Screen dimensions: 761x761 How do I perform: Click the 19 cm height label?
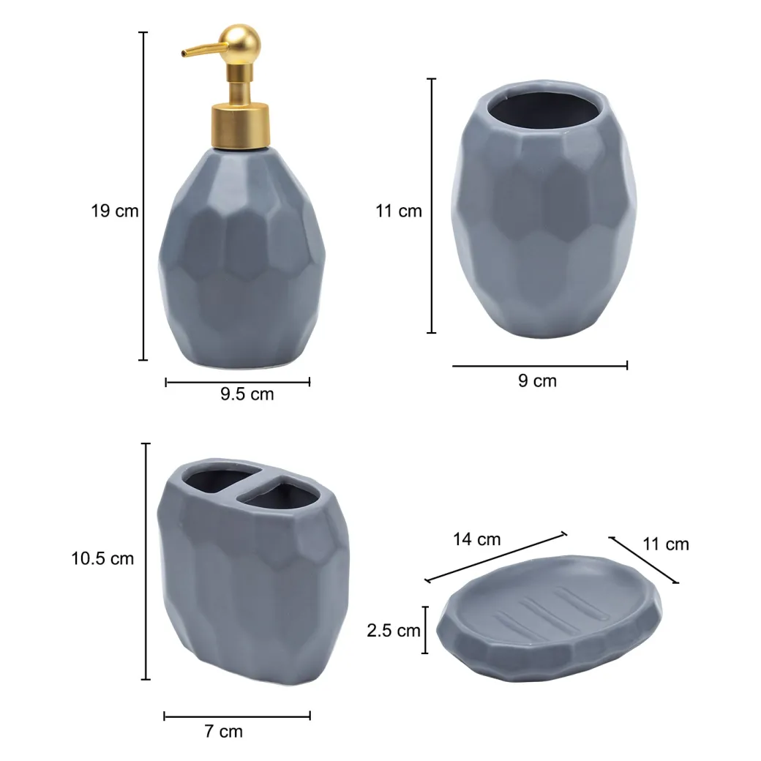(115, 211)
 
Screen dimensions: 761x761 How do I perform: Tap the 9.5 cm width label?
(247, 394)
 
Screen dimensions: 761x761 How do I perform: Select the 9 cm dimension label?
(537, 381)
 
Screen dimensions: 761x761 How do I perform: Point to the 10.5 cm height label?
(102, 558)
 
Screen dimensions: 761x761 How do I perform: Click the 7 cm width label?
(224, 732)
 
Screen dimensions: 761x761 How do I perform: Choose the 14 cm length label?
(476, 539)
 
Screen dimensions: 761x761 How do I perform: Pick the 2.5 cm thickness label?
(394, 631)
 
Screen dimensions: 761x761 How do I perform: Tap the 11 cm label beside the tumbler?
(399, 211)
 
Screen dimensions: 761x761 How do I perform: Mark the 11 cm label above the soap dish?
(666, 544)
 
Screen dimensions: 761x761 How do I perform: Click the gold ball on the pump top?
(240, 42)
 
